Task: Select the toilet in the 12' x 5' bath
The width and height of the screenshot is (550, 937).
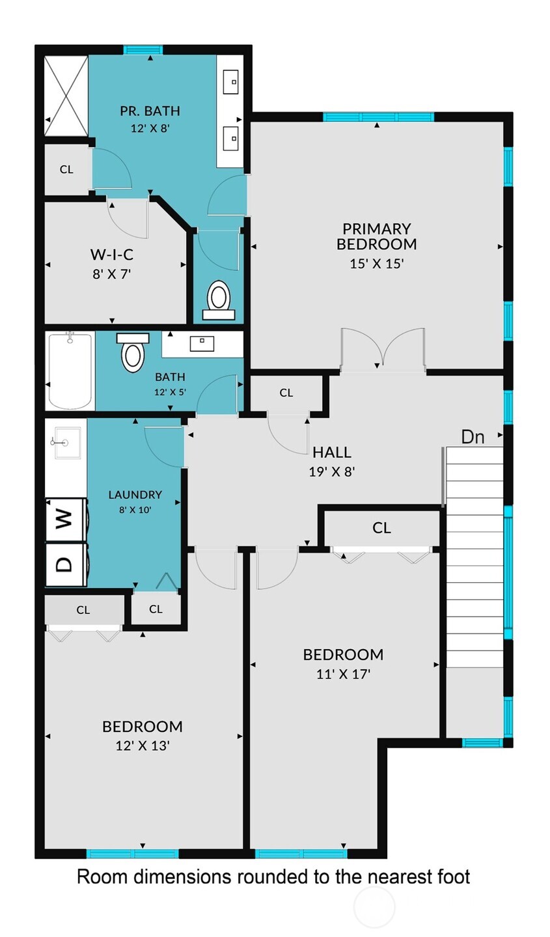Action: (133, 354)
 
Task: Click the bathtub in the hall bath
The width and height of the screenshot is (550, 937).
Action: (70, 371)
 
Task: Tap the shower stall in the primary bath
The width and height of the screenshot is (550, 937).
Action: (66, 96)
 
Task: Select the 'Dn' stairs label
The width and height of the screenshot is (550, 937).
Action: (473, 437)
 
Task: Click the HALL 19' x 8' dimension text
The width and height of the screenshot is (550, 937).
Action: (332, 471)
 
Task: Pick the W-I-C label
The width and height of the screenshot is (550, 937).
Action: (111, 254)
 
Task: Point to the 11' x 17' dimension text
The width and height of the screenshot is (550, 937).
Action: (343, 675)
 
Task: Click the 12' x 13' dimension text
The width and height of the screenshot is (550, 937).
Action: (143, 746)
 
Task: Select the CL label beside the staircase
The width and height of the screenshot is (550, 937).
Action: (381, 527)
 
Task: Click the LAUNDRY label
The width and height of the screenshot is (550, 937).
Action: (135, 495)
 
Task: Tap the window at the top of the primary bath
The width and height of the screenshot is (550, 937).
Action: (143, 49)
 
